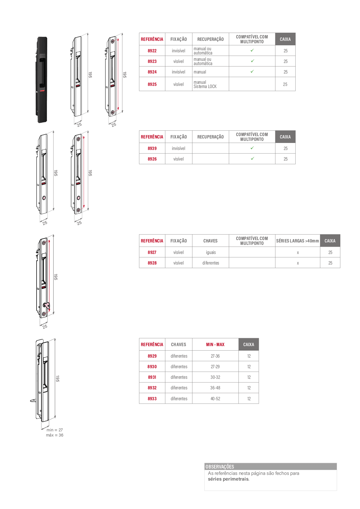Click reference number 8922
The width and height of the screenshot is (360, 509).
click(x=152, y=51)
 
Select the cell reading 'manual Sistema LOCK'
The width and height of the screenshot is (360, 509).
click(x=205, y=84)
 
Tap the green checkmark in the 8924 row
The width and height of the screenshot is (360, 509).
click(x=252, y=71)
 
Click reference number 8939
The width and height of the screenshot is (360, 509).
click(x=152, y=148)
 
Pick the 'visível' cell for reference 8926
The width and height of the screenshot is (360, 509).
click(x=178, y=159)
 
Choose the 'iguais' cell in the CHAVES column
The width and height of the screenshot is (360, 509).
click(x=211, y=252)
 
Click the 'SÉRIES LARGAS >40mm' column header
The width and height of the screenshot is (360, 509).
click(x=297, y=241)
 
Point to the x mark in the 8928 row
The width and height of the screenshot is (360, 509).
click(x=298, y=263)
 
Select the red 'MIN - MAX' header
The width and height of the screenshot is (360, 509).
click(x=215, y=345)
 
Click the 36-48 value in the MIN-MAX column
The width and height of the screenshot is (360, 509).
click(x=215, y=388)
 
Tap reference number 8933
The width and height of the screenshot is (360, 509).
click(x=152, y=399)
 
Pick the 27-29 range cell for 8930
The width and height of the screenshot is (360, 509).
click(x=215, y=367)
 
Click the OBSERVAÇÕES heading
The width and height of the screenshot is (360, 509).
click(x=220, y=466)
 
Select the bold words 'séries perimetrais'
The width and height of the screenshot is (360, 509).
click(x=228, y=479)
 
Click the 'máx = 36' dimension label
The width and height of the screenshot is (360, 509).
click(x=54, y=435)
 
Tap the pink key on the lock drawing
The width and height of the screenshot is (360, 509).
click(x=47, y=306)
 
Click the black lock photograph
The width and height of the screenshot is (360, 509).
click(x=41, y=79)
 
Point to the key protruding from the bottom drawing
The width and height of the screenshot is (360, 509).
click(x=33, y=400)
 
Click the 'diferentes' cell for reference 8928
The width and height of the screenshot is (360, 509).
click(x=211, y=263)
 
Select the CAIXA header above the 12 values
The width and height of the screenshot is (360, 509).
click(x=249, y=345)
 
